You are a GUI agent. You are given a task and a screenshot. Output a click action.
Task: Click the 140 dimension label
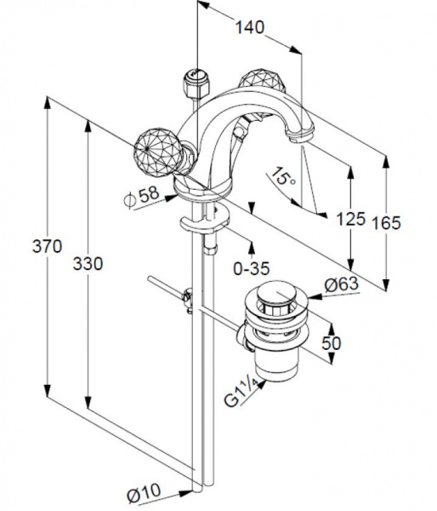click(x=250, y=27)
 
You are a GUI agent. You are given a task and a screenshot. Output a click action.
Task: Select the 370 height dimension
click(x=47, y=246)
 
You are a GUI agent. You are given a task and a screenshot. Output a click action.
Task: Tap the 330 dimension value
click(x=88, y=263)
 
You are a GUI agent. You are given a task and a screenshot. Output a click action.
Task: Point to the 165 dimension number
click(x=387, y=223)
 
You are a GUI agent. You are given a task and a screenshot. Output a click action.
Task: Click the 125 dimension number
click(x=351, y=218)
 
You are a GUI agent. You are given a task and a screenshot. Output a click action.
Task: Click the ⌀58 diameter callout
click(x=142, y=197)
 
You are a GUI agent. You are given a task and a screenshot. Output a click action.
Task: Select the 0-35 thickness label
click(x=252, y=268)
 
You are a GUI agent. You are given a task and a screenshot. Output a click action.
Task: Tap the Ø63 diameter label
click(x=342, y=284)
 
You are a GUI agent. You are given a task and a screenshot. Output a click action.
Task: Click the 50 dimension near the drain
click(x=332, y=343)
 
